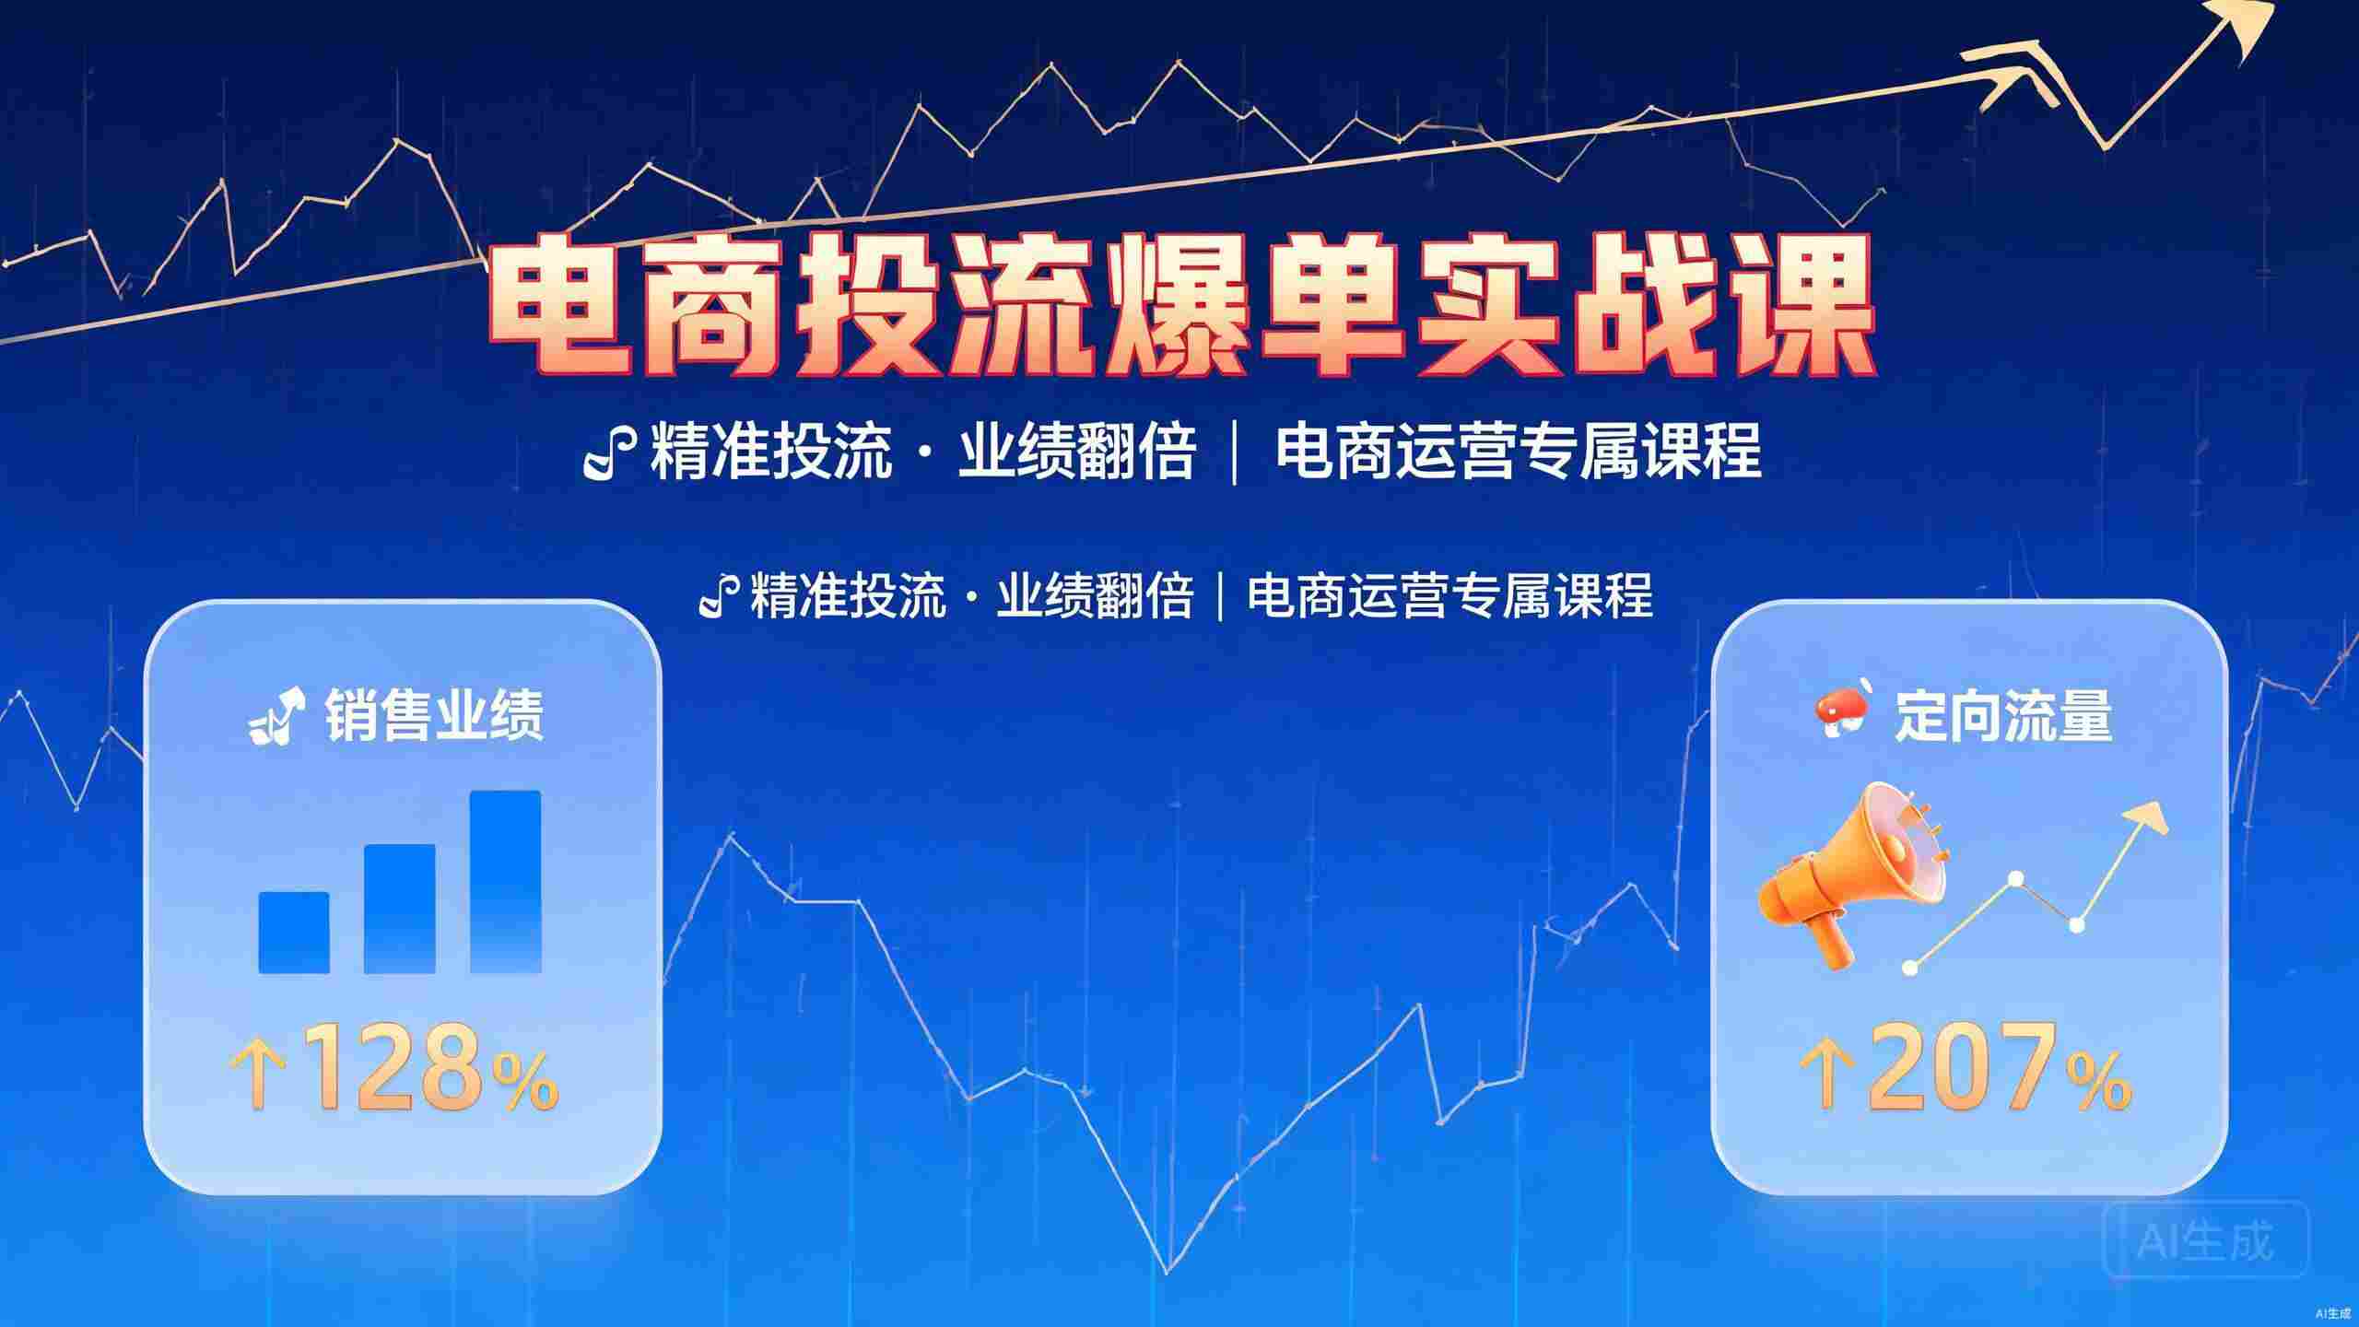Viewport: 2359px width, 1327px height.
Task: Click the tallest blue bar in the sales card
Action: (505, 881)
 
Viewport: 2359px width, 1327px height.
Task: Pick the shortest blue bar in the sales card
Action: (294, 933)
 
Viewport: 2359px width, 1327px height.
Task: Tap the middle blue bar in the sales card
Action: (400, 909)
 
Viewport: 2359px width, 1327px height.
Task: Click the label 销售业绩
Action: (433, 715)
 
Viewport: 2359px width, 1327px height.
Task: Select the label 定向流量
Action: (2003, 715)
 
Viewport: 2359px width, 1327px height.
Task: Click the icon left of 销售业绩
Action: (276, 715)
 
